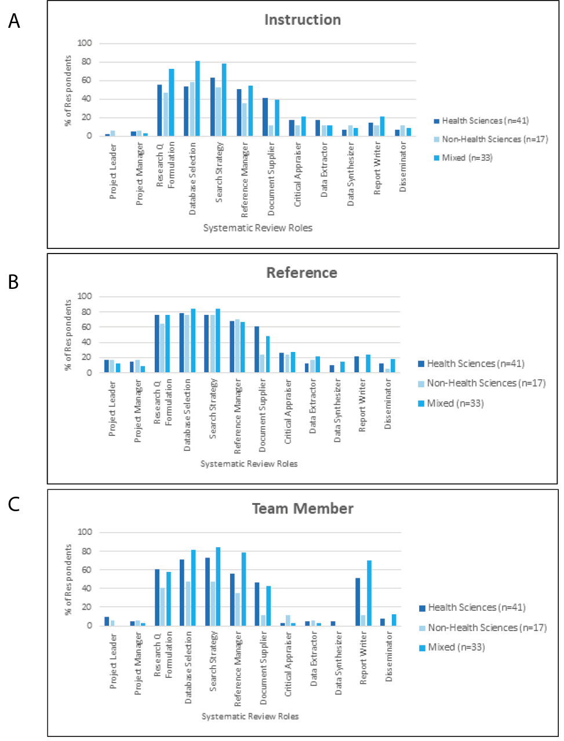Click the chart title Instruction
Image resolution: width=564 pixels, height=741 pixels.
click(303, 20)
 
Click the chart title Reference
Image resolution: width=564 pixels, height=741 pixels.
click(301, 273)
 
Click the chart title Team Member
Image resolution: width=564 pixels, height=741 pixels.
click(303, 508)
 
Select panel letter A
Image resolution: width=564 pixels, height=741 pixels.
click(14, 21)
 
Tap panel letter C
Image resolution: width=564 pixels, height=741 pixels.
click(14, 504)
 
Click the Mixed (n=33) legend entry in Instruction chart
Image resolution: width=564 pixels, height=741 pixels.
click(467, 157)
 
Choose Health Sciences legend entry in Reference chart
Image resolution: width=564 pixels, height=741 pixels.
click(475, 364)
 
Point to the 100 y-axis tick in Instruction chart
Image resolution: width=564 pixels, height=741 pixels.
click(85, 43)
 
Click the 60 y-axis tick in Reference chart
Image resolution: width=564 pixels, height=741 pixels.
click(87, 327)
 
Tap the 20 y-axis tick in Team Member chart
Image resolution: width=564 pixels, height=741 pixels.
click(87, 607)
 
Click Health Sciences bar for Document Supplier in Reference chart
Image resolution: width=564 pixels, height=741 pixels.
click(257, 350)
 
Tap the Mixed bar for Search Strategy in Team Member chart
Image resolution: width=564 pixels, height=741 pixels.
click(218, 586)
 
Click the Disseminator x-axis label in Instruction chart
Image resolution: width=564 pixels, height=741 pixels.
click(403, 167)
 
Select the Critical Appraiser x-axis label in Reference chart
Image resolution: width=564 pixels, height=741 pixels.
click(288, 412)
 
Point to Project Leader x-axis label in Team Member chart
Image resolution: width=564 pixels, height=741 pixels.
click(114, 661)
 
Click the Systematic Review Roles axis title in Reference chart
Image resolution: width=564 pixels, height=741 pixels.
click(249, 464)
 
